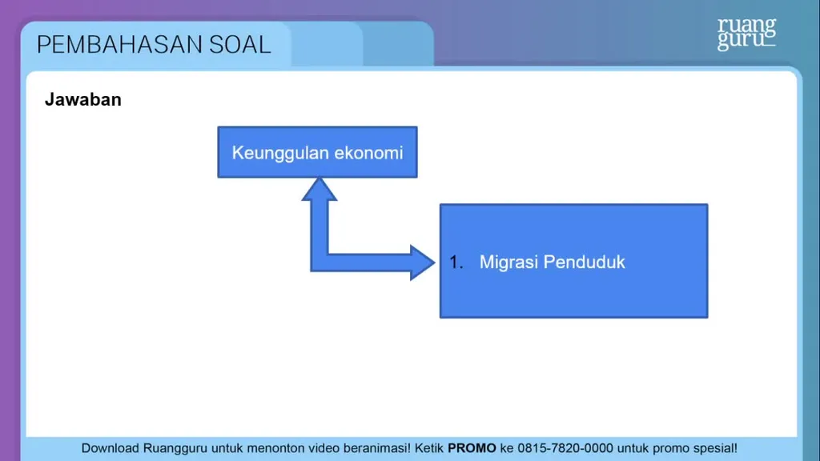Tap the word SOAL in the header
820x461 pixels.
click(240, 45)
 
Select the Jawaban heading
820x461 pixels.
click(83, 99)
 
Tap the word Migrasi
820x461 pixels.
click(508, 263)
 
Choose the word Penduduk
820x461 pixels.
click(584, 262)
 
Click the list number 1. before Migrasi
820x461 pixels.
click(456, 263)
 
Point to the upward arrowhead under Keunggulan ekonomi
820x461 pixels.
click(319, 189)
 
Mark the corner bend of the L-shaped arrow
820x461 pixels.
click(319, 263)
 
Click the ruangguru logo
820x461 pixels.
click(746, 34)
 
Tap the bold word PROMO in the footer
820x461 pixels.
click(472, 448)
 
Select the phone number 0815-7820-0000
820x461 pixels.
click(565, 448)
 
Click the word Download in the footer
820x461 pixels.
click(110, 448)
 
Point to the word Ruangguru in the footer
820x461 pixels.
click(175, 449)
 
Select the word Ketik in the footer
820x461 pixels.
click(429, 448)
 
